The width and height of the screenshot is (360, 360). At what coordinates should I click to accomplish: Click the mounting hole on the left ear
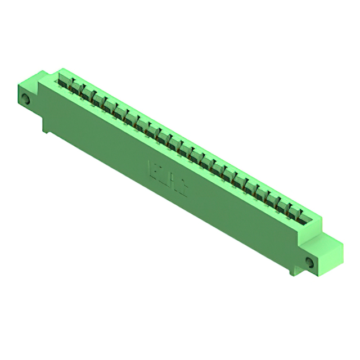25,101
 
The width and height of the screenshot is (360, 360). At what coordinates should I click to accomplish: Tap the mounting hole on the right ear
309,262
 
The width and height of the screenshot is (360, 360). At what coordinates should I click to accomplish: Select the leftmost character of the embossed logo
152,169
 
